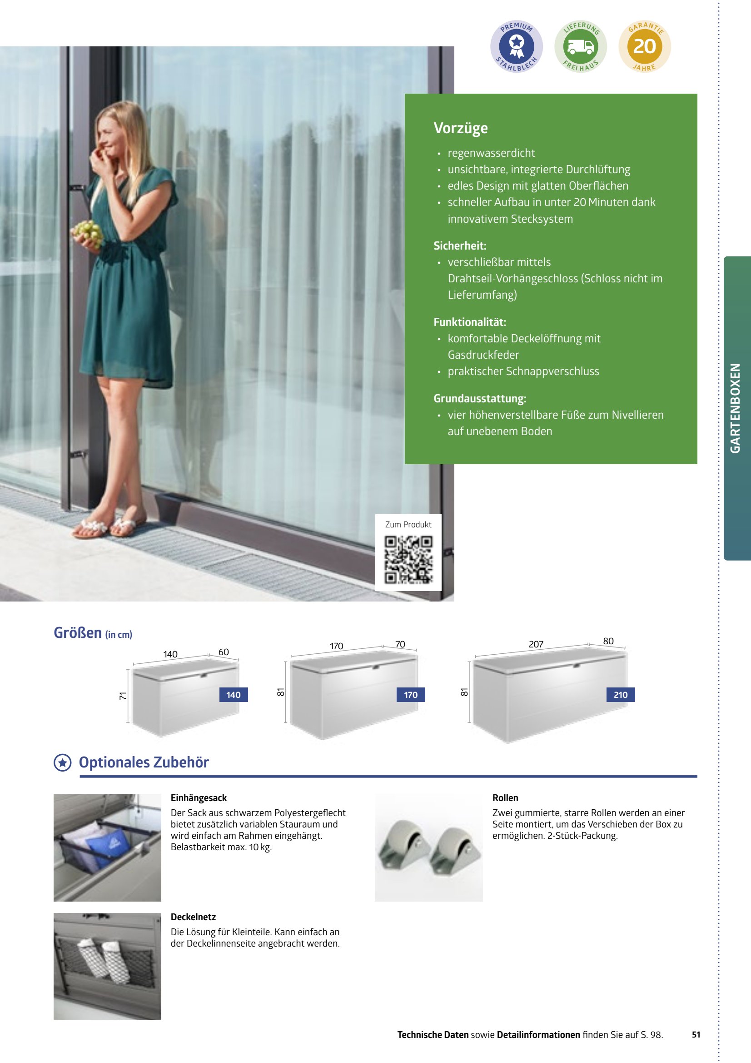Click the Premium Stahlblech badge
517,47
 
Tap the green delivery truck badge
581,47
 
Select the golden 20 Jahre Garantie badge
645,47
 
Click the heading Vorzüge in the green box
460,128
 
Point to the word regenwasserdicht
491,153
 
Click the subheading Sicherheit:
459,246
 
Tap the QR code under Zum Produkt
408,559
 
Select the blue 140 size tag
233,694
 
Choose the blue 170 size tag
410,694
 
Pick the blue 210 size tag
621,694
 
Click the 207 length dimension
536,644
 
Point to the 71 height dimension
123,695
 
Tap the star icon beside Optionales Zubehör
62,762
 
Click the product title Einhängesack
199,798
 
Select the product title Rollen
505,798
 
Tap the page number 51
696,1034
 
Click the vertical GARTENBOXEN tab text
735,408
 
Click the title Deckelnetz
193,917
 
